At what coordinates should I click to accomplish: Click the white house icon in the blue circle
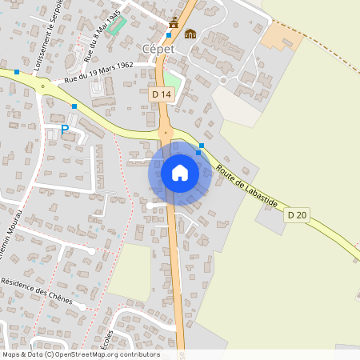click(180, 173)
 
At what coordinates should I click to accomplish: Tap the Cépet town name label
click(158, 48)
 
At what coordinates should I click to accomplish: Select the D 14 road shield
click(162, 94)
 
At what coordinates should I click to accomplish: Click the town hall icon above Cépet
click(174, 22)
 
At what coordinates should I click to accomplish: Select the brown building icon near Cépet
click(190, 34)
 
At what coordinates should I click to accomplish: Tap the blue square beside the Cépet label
click(169, 35)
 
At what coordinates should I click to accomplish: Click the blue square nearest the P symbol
click(74, 106)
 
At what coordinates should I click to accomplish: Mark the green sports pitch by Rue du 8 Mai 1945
click(118, 24)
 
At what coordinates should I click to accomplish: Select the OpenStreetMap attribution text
click(81, 354)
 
